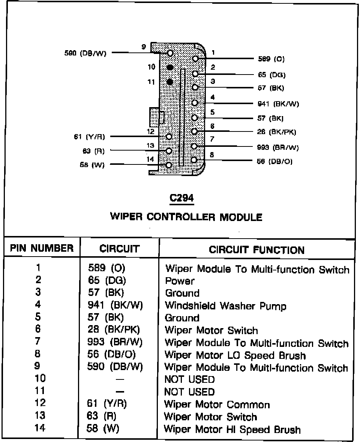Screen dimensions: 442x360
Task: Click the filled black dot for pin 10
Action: (170, 67)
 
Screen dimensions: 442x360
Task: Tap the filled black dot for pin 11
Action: (170, 82)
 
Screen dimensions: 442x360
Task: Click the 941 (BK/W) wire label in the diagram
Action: (279, 104)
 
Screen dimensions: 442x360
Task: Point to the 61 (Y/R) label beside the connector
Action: (89, 137)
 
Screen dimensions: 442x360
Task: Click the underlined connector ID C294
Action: (181, 198)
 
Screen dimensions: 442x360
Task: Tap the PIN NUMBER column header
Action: (42, 248)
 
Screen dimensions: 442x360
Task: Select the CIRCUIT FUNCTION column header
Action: (257, 250)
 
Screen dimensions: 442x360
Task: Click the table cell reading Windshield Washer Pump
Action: (225, 306)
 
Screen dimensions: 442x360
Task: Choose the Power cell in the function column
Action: (180, 281)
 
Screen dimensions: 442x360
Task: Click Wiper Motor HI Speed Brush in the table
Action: (232, 429)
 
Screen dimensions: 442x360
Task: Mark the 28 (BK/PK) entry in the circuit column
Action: (114, 330)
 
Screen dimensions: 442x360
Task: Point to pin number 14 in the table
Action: (40, 428)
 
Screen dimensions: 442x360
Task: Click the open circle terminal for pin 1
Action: (195, 59)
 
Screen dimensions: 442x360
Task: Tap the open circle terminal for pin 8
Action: (194, 160)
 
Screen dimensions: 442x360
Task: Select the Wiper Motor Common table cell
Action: (217, 405)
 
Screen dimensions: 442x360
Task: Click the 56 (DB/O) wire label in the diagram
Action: (275, 161)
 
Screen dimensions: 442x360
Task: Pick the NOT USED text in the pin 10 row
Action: (189, 380)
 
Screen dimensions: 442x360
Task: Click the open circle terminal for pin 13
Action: (169, 151)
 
